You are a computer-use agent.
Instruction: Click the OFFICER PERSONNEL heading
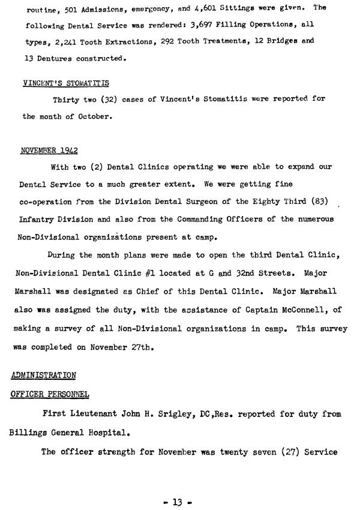pyautogui.click(x=50, y=394)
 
